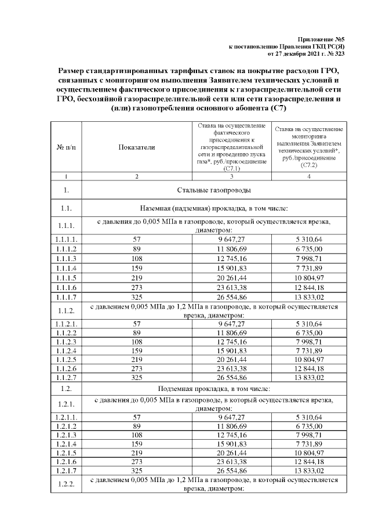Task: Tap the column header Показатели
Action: click(137, 147)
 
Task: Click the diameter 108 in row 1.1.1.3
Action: click(137, 256)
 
